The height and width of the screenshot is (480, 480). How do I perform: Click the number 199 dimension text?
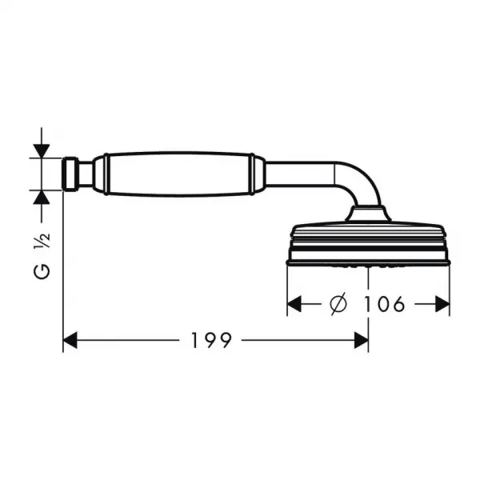point(211,340)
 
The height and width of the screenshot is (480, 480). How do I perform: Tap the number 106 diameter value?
point(384,304)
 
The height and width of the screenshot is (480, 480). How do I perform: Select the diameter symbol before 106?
point(339,303)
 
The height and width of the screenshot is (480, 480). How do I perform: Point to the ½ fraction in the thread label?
point(42,241)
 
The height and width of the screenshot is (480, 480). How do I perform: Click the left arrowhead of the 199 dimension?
point(70,340)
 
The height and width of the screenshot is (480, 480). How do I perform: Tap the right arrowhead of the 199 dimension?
point(362,340)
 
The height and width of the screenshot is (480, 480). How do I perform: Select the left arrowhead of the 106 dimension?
point(294,304)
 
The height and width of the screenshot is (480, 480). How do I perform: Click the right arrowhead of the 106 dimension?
point(442,304)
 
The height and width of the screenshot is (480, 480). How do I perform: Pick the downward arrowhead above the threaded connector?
point(42,151)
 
